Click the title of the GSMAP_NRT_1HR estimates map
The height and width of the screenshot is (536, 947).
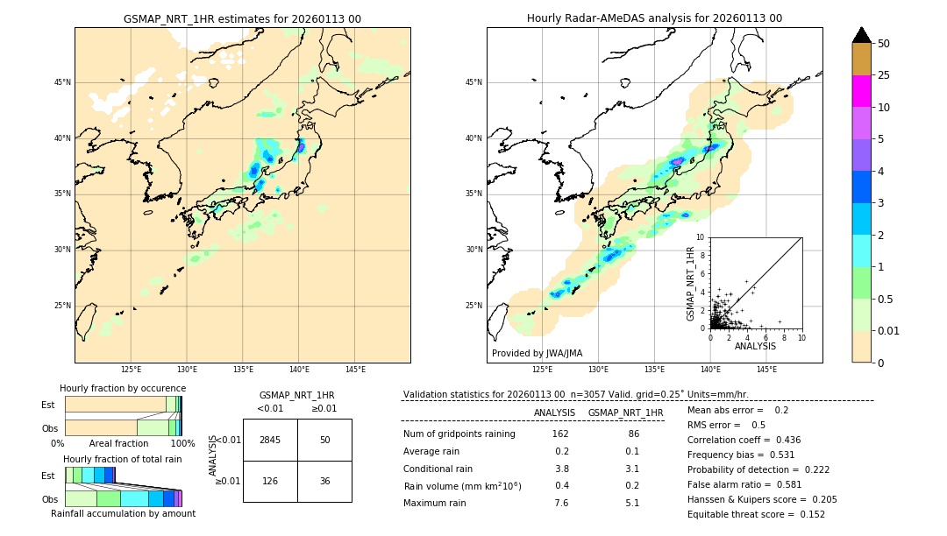(x=242, y=18)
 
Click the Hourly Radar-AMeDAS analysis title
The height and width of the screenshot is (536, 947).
(x=654, y=18)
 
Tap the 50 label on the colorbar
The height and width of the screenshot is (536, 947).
(x=884, y=44)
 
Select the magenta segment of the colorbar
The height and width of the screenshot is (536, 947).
(x=862, y=91)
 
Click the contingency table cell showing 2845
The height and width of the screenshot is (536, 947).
(x=270, y=440)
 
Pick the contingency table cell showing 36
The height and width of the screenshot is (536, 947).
(x=324, y=481)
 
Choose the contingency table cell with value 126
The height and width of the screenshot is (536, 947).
(x=270, y=481)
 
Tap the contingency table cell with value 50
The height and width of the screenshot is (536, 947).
(x=324, y=440)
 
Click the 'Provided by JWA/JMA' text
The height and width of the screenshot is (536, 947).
(x=537, y=353)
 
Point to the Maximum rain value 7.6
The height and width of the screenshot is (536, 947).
(x=561, y=503)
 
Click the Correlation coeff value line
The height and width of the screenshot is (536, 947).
(x=744, y=440)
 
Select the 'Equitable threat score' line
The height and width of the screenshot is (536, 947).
(x=756, y=514)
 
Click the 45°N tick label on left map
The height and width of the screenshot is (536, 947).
(x=62, y=82)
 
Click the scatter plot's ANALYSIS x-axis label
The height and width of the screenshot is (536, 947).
(x=755, y=346)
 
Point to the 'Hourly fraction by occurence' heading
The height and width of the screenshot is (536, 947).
(x=123, y=388)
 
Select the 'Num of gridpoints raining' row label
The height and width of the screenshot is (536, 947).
(x=459, y=434)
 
